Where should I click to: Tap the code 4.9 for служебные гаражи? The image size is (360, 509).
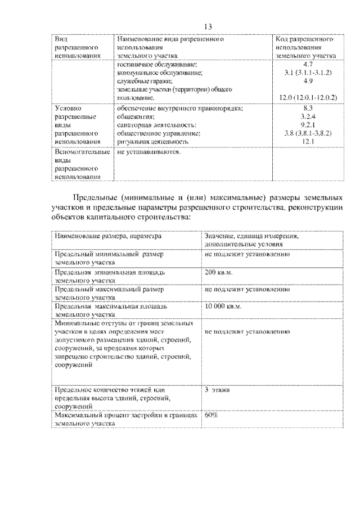coord(307,82)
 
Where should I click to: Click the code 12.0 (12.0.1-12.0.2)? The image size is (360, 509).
coord(307,97)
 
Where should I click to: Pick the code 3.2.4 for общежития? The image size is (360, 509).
coord(307,116)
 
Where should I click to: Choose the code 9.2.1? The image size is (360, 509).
coord(307,125)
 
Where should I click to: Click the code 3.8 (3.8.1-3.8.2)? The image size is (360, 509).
coord(307,133)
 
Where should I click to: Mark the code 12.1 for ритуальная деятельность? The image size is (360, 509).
coord(307,142)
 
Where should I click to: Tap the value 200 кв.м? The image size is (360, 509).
coord(219,273)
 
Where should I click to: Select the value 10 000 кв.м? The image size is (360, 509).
coord(223,307)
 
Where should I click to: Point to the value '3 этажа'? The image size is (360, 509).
coord(217,389)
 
